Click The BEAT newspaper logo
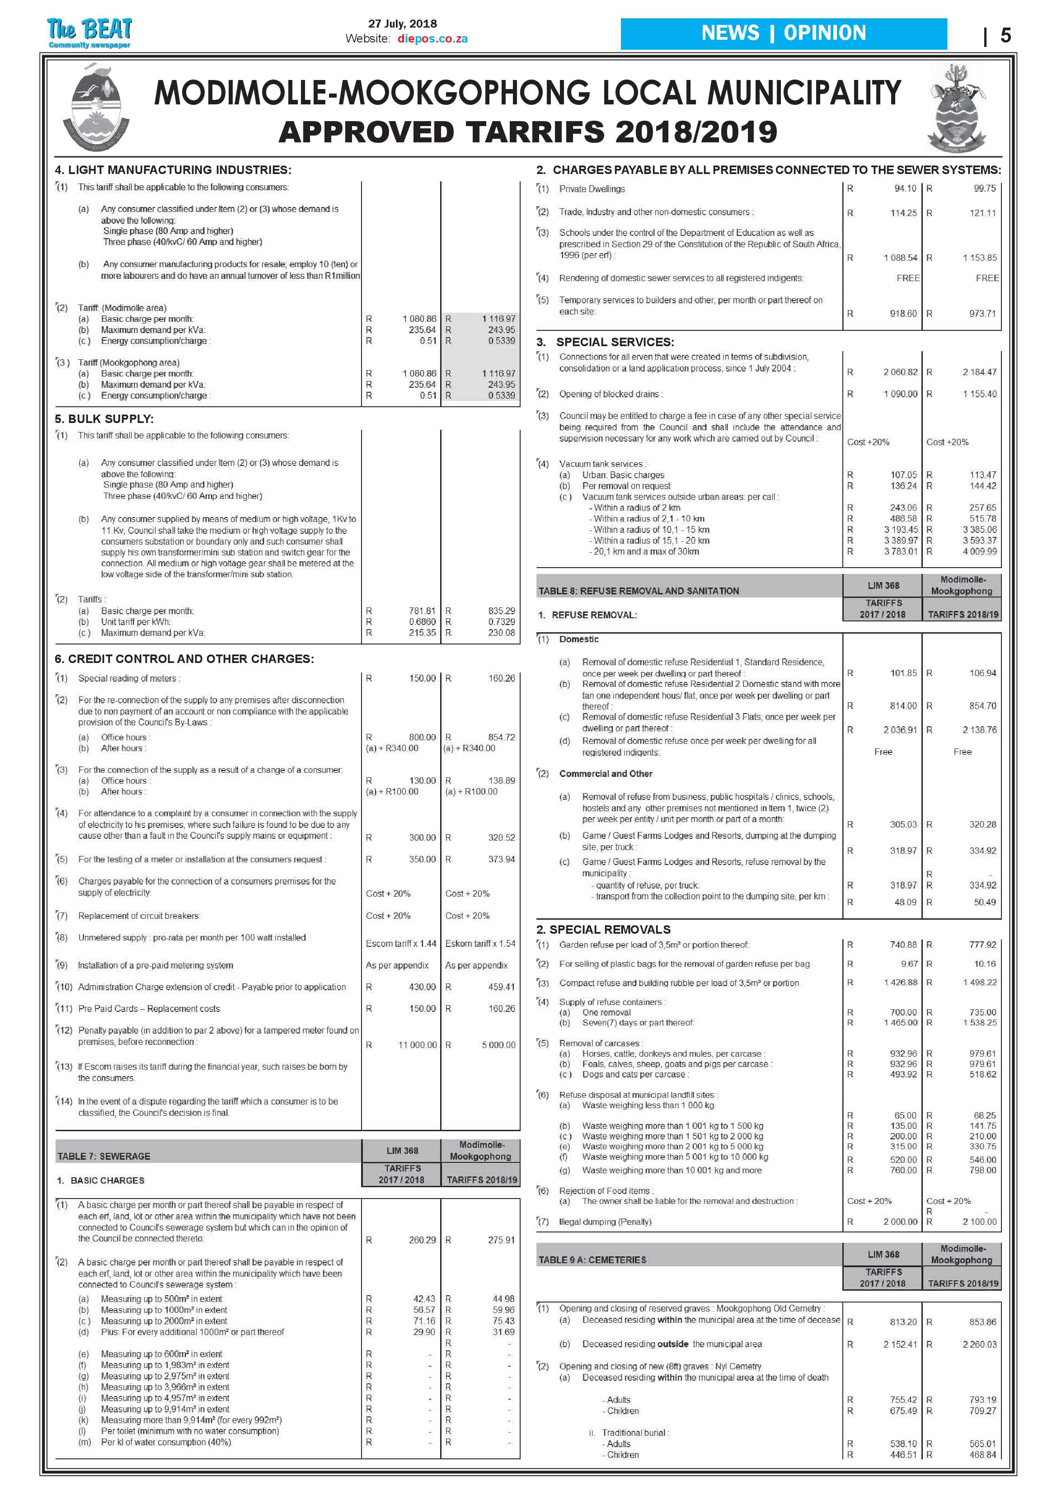[x=89, y=32]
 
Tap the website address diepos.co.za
[x=432, y=38]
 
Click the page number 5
[x=1005, y=35]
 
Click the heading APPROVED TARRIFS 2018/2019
[x=527, y=132]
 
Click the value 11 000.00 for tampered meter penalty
[x=417, y=1044]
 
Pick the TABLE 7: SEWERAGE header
[x=104, y=1156]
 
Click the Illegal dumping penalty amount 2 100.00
[x=979, y=1222]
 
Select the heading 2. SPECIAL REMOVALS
[x=603, y=929]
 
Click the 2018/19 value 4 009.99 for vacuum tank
[x=979, y=551]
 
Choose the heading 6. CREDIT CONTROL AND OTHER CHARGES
[x=184, y=659]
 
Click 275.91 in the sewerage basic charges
[x=501, y=1240]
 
